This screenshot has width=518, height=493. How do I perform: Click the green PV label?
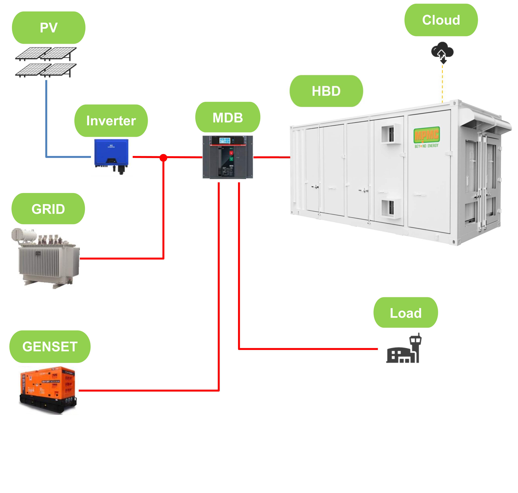coord(49,28)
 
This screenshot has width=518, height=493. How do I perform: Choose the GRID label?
coord(48,209)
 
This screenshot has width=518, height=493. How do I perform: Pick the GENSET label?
coord(50,346)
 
